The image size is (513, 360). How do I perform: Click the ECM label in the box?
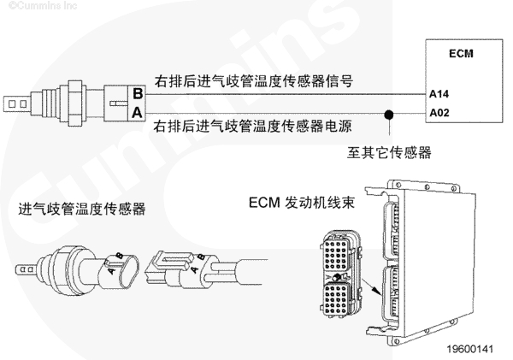(462, 54)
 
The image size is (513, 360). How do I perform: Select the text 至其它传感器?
(390, 153)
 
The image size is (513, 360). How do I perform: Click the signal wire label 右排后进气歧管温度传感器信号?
(254, 81)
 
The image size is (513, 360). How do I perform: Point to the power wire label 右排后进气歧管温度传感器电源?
(254, 127)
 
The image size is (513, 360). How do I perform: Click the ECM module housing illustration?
(427, 257)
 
